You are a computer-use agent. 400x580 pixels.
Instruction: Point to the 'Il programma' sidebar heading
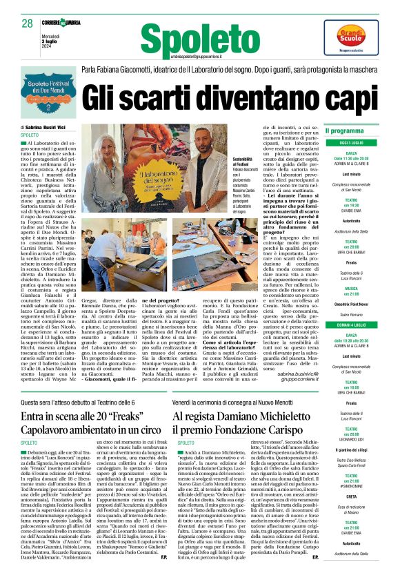[344, 130]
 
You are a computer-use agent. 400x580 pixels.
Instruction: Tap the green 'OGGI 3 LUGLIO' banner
[351, 143]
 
